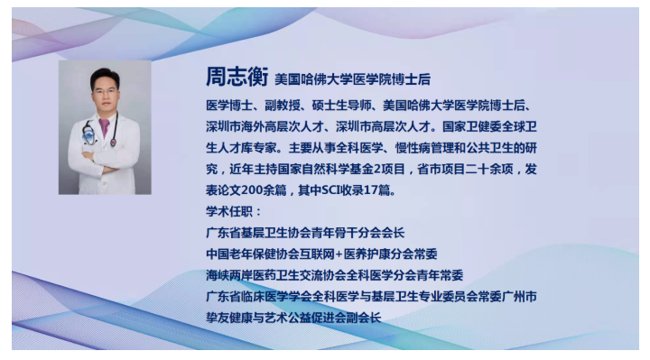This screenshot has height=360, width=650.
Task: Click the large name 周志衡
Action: [237, 77]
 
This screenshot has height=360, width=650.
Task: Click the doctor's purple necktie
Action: [104, 127]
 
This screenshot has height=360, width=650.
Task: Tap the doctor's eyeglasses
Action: [105, 91]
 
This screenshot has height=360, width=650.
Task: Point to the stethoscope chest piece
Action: [113, 143]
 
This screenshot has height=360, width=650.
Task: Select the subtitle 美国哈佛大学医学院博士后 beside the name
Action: [352, 79]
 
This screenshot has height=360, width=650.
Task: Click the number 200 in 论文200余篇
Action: [252, 190]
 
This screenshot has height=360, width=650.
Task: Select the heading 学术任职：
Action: [234, 212]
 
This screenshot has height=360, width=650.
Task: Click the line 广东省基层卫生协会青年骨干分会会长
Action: [305, 233]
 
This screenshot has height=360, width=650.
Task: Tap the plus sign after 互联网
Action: [339, 254]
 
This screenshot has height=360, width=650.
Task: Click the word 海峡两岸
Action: [229, 275]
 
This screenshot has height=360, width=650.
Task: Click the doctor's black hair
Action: [106, 77]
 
